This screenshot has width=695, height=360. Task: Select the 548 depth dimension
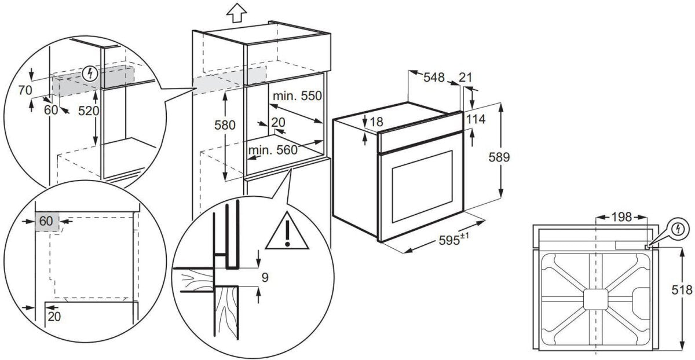434,77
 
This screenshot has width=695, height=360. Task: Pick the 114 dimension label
475,119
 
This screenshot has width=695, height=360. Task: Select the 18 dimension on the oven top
377,122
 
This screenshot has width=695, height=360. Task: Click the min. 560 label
272,150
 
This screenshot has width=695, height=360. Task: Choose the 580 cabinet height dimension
225,124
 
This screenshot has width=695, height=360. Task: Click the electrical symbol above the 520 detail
90,74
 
